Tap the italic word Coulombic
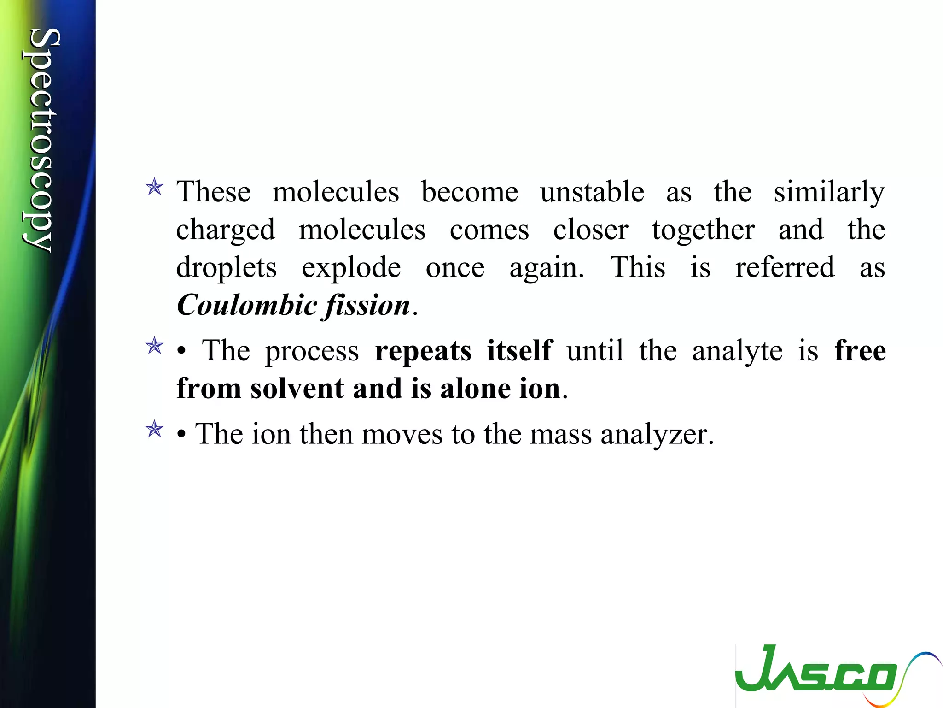[246, 305]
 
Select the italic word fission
[367, 305]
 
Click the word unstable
[592, 192]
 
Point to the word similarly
[829, 193]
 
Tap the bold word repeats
[423, 351]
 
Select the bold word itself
[519, 350]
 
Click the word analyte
[737, 351]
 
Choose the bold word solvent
[297, 388]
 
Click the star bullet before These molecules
[154, 187]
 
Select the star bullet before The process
[154, 346]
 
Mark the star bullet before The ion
[154, 429]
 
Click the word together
[703, 230]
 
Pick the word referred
[785, 267]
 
